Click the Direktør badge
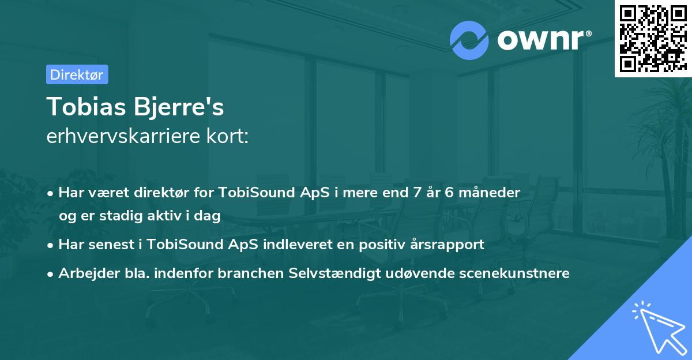77,74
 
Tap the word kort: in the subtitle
229,137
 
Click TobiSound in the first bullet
250,192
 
